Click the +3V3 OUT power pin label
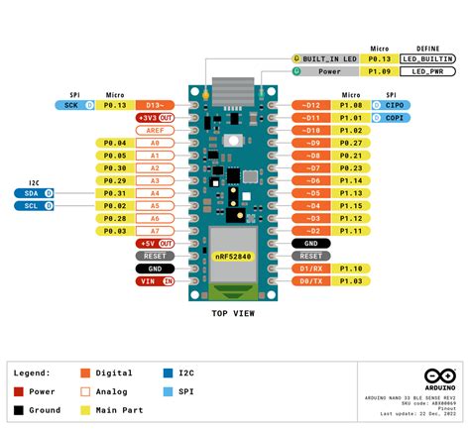click(x=155, y=117)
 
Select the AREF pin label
click(x=155, y=130)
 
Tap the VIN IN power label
click(x=155, y=281)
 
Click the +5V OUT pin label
click(x=155, y=243)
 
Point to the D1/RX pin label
click(x=311, y=268)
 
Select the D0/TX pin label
click(x=311, y=281)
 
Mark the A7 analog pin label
click(x=155, y=230)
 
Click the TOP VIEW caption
click(x=234, y=313)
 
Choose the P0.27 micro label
click(x=350, y=142)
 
